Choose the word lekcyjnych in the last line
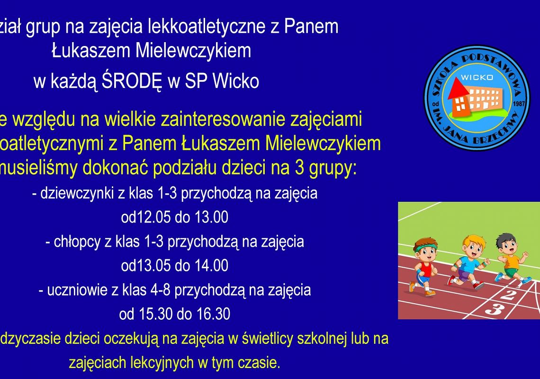click(162, 363)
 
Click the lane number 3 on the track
click(494, 309)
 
